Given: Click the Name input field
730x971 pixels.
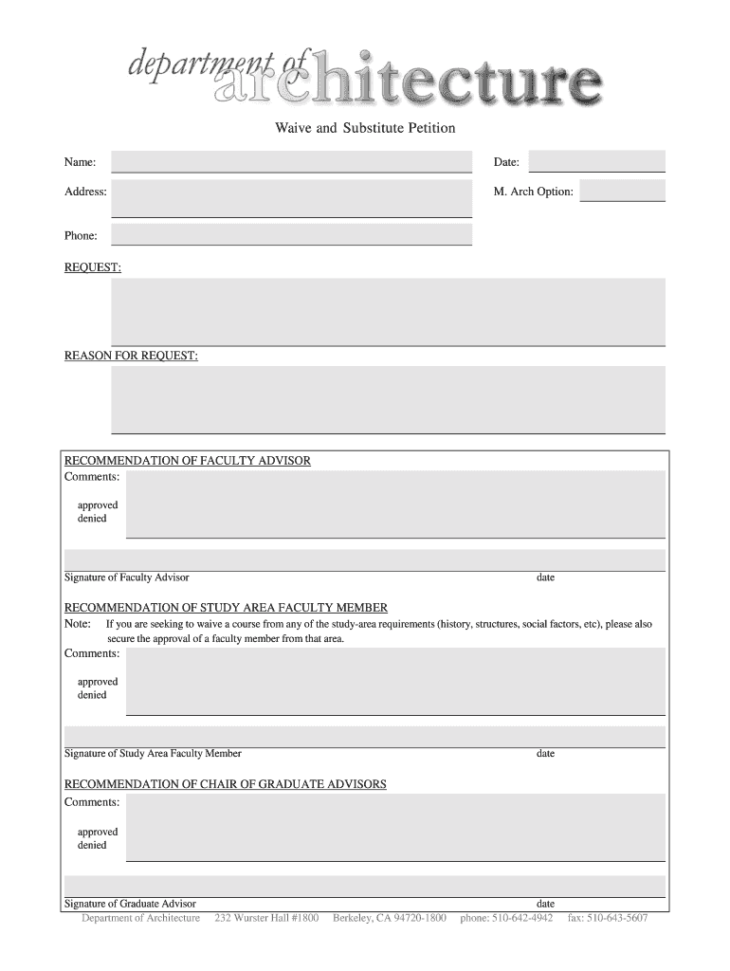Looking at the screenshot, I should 291,162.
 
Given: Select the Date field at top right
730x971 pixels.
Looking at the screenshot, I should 596,161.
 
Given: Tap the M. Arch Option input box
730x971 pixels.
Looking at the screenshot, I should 622,192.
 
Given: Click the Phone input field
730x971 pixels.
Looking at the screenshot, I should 291,234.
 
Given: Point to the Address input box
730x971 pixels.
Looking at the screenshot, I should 291,197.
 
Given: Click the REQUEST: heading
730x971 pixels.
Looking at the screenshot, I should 92,268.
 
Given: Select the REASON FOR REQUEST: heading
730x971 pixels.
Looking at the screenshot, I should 131,356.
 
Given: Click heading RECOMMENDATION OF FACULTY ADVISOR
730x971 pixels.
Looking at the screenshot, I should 187,461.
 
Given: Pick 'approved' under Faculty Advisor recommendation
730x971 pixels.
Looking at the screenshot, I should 98,505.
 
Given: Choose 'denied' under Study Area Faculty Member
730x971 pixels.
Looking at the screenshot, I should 92,695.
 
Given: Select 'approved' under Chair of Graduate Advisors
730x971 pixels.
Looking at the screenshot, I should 98,832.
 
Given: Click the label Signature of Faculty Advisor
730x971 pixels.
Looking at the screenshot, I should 126,577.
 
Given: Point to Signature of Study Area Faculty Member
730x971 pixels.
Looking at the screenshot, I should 153,754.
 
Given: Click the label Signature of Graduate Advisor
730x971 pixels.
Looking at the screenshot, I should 130,904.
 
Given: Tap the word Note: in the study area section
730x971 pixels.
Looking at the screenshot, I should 77,625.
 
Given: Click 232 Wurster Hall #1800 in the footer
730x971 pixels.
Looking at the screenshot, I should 267,918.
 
